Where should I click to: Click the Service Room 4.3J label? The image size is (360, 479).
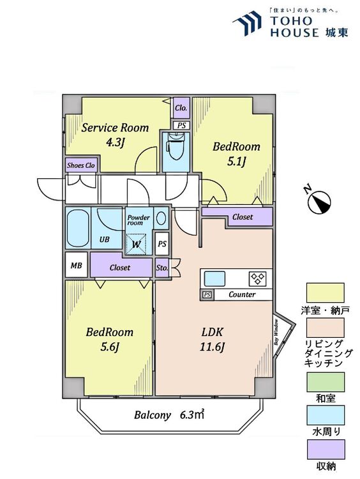tap(115, 135)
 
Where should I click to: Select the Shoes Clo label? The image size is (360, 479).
tap(81, 165)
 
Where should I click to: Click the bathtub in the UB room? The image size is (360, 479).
tap(78, 227)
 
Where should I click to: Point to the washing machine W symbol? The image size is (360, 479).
tap(136, 244)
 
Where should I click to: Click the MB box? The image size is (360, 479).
tap(77, 265)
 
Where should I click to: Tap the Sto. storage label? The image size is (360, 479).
tap(162, 268)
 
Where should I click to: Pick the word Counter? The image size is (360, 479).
tap(242, 294)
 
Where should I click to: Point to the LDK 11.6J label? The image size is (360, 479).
tap(212, 339)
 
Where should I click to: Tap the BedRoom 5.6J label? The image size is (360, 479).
tap(109, 339)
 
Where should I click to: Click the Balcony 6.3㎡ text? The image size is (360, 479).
tap(169, 415)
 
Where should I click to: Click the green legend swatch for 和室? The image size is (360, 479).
tap(326, 382)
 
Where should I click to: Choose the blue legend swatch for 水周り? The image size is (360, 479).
tap(326, 415)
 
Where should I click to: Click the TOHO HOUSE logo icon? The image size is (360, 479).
tap(247, 24)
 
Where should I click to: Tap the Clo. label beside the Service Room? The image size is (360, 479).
tap(181, 108)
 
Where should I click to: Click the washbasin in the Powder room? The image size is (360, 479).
tap(161, 218)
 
